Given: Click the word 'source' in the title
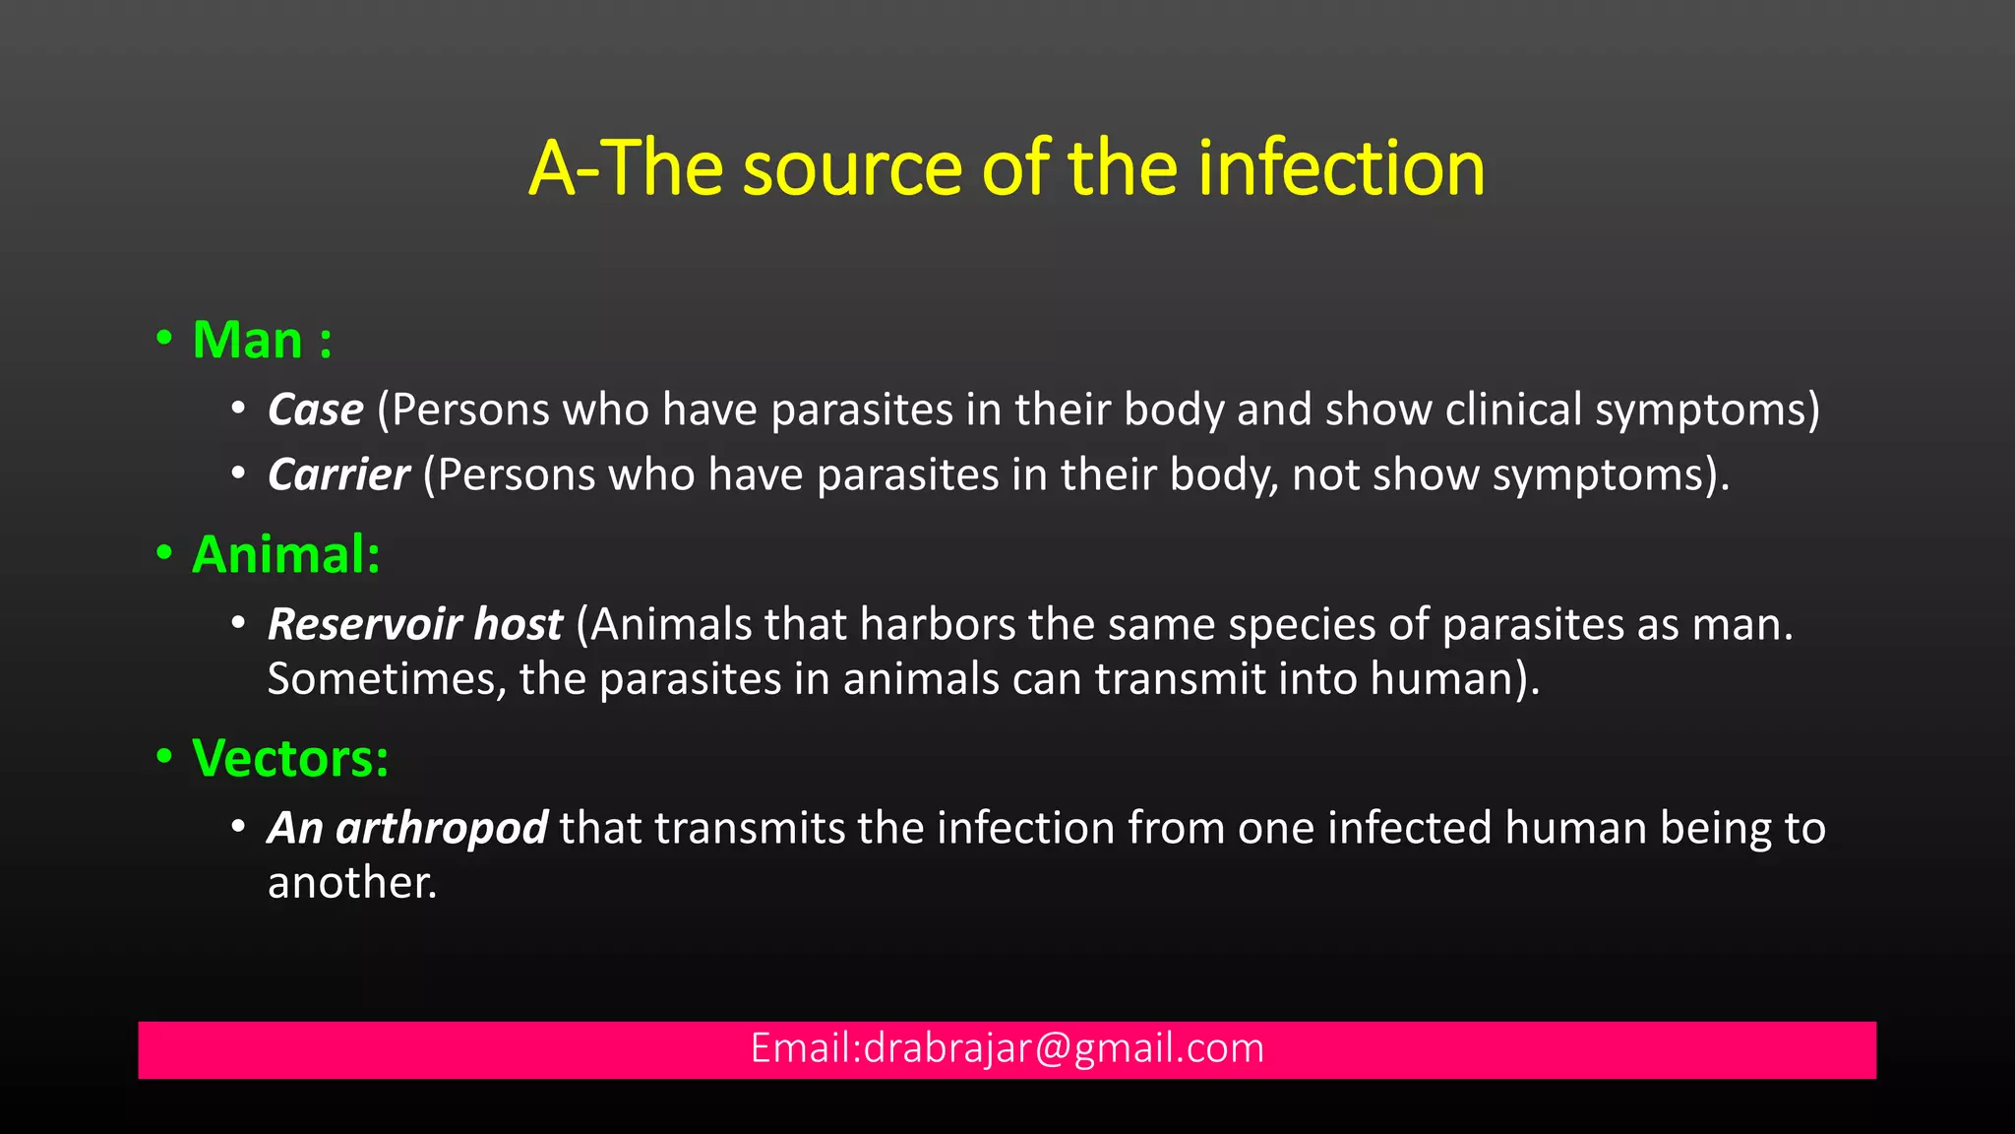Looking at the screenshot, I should (x=851, y=169).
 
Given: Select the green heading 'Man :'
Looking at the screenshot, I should (x=262, y=341).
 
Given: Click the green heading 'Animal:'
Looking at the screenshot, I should (x=286, y=554).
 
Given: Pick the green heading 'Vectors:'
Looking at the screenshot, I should (x=290, y=759).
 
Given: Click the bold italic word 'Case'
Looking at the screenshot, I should (x=315, y=409).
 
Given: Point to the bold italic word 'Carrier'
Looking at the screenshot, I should (x=338, y=475).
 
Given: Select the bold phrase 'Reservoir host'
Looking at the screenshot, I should (x=414, y=625).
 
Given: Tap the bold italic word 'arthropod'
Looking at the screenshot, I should (x=441, y=828).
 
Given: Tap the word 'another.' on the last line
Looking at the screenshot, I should (x=352, y=883).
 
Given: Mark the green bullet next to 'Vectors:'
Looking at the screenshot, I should (x=164, y=757).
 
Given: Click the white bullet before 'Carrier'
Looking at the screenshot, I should (x=238, y=474).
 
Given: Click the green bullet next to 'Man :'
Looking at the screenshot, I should (x=164, y=339).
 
